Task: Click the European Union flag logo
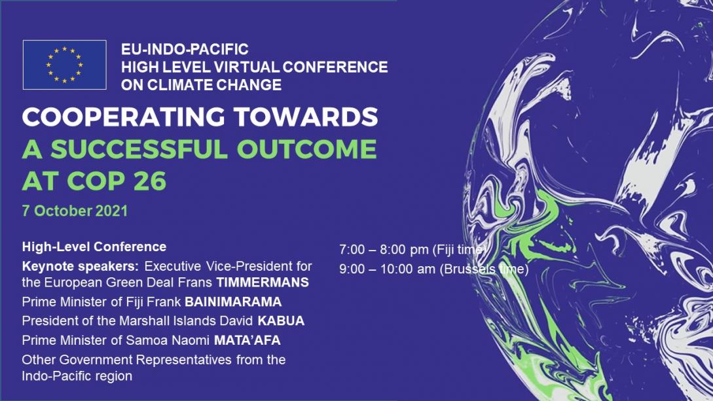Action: [65, 65]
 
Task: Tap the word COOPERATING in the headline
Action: [123, 116]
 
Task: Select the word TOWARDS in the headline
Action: [306, 116]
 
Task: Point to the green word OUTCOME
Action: [307, 149]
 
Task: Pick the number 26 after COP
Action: [150, 181]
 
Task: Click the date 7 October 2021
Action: [75, 211]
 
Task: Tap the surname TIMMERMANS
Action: [263, 283]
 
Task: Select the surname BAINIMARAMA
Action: [233, 302]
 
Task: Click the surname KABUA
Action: [281, 321]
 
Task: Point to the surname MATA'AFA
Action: [247, 341]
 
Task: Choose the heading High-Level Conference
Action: [94, 247]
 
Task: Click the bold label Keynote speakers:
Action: [81, 267]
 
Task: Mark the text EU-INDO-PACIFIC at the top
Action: [185, 50]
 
